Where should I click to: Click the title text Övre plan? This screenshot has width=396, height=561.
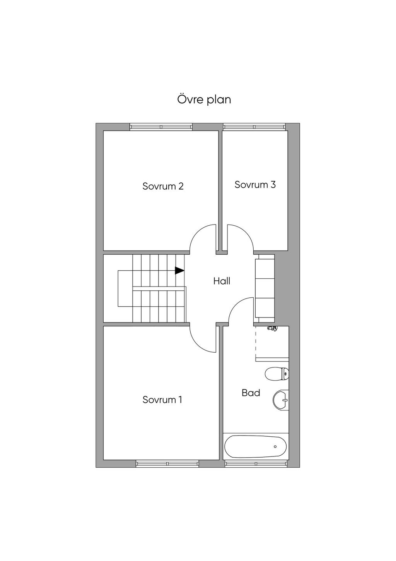(x=204, y=100)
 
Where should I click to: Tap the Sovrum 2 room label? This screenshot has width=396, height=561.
(x=163, y=186)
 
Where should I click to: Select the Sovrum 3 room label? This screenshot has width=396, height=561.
(x=255, y=185)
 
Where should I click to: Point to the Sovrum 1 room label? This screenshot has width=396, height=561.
(x=162, y=400)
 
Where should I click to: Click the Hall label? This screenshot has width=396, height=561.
(x=222, y=281)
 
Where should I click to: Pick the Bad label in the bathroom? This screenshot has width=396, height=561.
(x=251, y=393)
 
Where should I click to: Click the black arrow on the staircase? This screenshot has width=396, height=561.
(x=179, y=271)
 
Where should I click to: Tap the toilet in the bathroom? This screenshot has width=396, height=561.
(x=277, y=374)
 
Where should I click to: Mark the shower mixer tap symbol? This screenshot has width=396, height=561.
(x=272, y=329)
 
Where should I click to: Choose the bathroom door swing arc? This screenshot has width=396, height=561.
(x=236, y=305)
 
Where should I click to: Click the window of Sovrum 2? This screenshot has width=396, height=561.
(x=161, y=127)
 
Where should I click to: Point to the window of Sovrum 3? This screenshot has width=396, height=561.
(x=254, y=127)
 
